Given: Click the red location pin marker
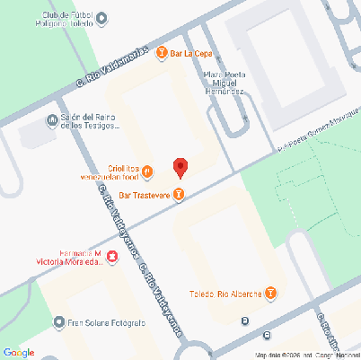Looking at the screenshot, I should pyautogui.click(x=180, y=167).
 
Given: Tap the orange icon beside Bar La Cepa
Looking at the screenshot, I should pyautogui.click(x=162, y=54).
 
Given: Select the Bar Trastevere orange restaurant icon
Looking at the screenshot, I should pyautogui.click(x=180, y=193).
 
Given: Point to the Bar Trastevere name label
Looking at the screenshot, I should pyautogui.click(x=145, y=193).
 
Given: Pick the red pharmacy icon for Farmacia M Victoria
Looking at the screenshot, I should pyautogui.click(x=112, y=259).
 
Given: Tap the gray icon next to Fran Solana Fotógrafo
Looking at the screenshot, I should pyautogui.click(x=59, y=321).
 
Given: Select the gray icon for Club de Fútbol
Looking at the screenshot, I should pyautogui.click(x=101, y=17).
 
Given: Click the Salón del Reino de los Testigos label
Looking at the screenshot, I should pyautogui.click(x=84, y=121).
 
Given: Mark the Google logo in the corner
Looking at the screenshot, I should pyautogui.click(x=18, y=351).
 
